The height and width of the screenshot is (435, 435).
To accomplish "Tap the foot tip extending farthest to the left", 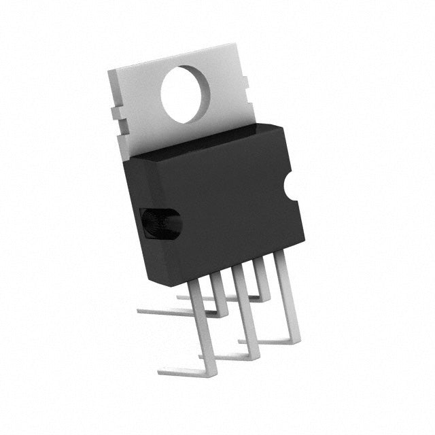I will tap(140, 311).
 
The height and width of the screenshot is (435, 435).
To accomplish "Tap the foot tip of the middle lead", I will tap(202, 356).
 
